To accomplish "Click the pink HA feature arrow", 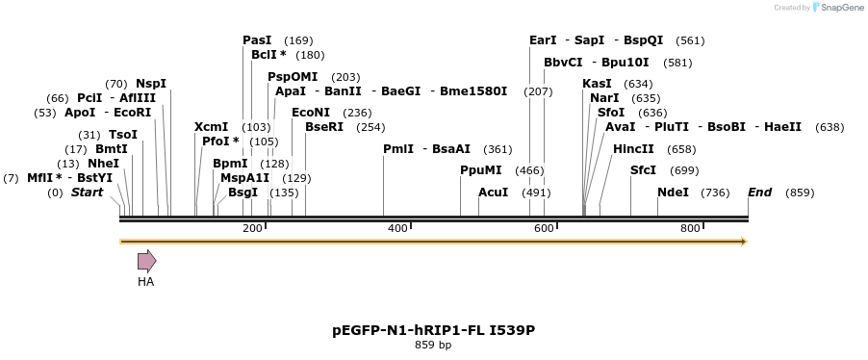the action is pos(146,261).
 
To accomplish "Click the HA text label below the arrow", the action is pos(145,282).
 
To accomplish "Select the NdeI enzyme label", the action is pos(673,193).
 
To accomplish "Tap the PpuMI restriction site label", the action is pos(481,170).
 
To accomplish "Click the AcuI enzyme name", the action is pos(493,193).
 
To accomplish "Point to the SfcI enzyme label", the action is pos(643,170).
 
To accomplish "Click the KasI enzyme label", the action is pos(597,84).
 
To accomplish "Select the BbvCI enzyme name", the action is pos(563,63).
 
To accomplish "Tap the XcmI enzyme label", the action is pos(211,127).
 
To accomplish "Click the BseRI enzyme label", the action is pos(323,127).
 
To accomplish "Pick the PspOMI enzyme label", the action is pos(293,77).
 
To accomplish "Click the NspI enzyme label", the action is pos(151,84).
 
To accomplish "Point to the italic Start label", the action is pos(87,193).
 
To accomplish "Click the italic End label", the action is pos(759,193).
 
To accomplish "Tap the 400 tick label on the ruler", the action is pos(397,228).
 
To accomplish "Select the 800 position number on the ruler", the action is pos(689,228).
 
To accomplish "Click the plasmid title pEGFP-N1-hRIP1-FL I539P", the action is pos(433,330).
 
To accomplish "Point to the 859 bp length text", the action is pos(433,345).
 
